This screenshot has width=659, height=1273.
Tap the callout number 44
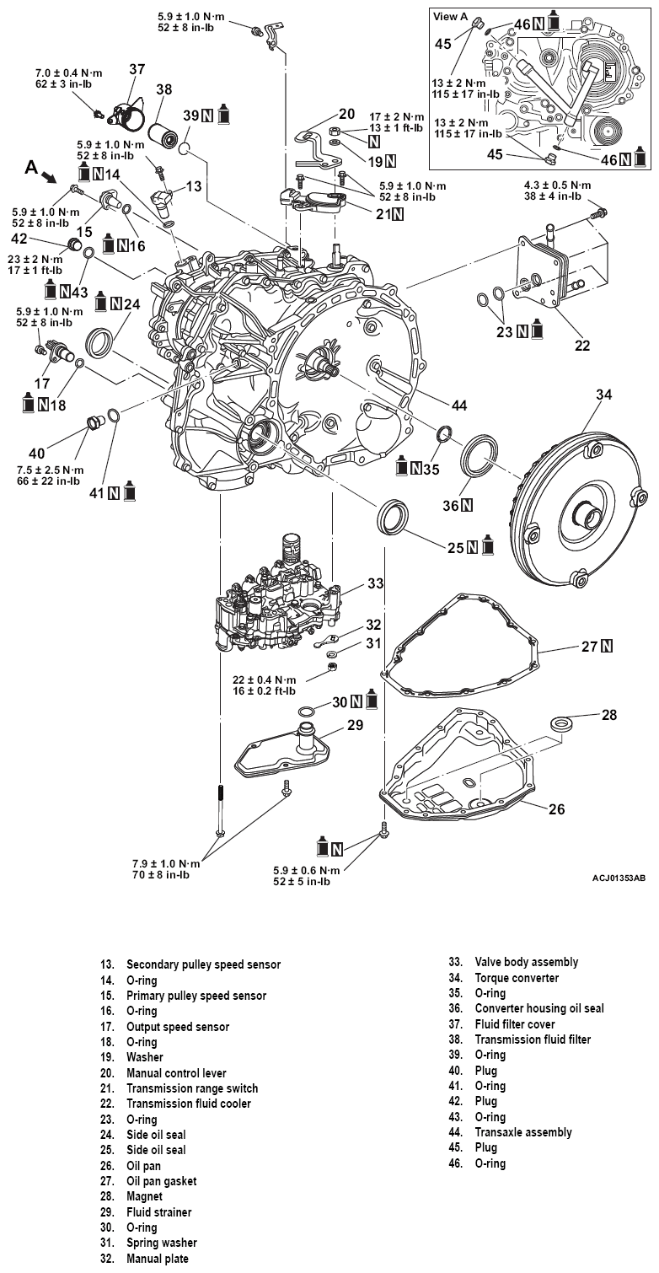(458, 406)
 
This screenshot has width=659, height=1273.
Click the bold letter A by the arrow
(31, 168)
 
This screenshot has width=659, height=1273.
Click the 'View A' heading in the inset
(450, 16)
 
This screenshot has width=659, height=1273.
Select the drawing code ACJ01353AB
(619, 878)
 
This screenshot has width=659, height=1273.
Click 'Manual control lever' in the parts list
(176, 1073)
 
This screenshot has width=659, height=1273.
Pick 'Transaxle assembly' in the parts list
(523, 1132)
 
